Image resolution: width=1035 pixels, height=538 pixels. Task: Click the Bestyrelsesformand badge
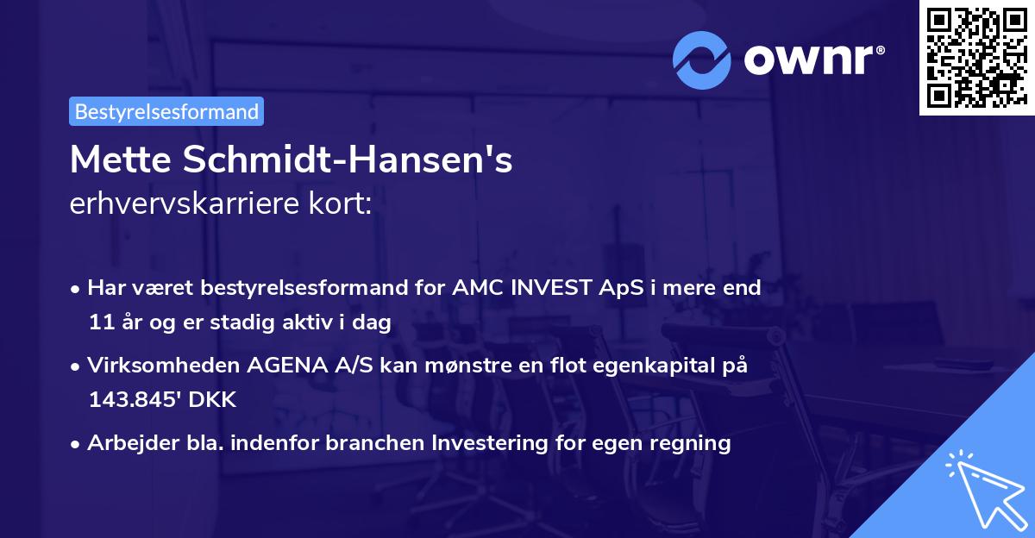(x=166, y=111)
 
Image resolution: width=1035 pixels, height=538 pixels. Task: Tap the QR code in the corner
(x=976, y=58)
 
